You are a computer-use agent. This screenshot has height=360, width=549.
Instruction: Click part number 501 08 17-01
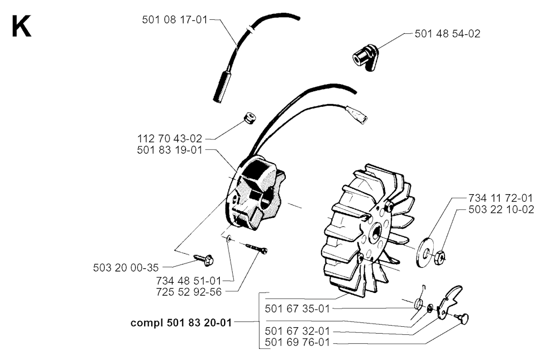click(x=175, y=20)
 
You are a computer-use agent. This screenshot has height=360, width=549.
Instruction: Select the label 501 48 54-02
click(x=448, y=34)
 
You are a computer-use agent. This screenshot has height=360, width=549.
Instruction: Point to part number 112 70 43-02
click(x=170, y=138)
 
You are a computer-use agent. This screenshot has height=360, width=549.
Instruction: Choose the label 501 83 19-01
click(x=170, y=150)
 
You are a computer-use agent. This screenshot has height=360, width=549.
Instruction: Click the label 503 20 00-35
click(x=126, y=268)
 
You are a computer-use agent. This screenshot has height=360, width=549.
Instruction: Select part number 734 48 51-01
click(x=189, y=281)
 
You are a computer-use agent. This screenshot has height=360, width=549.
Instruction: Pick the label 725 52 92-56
click(x=189, y=292)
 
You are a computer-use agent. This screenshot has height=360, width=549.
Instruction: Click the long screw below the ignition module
click(x=257, y=248)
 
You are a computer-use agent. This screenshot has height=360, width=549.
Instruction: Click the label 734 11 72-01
click(x=501, y=197)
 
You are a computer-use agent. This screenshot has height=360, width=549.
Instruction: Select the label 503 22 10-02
click(x=501, y=209)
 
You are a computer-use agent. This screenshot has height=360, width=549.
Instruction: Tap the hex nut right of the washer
click(x=440, y=259)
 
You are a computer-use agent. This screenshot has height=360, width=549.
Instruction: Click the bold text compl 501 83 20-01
click(x=181, y=322)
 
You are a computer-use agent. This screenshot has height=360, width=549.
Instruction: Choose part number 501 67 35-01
click(x=298, y=309)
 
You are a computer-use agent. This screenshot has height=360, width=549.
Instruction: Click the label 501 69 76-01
click(x=298, y=342)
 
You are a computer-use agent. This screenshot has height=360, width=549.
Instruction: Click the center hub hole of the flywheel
click(x=377, y=232)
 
